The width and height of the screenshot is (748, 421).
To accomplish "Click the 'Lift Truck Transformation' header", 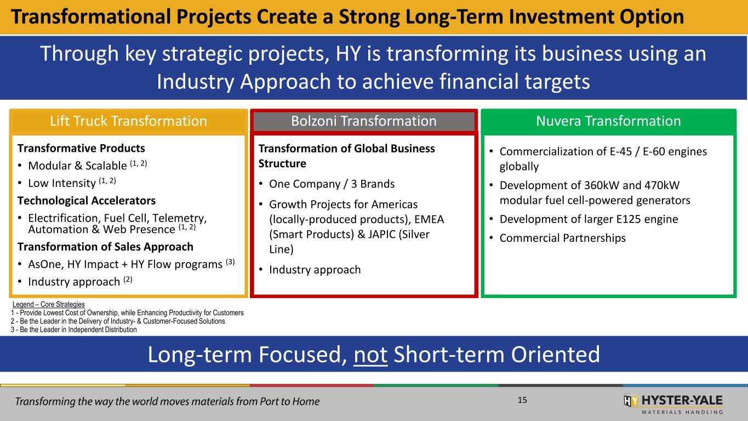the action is pyautogui.click(x=129, y=121).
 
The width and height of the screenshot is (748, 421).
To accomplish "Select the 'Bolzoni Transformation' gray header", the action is pyautogui.click(x=364, y=121).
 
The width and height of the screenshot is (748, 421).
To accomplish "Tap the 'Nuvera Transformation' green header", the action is pyautogui.click(x=608, y=121).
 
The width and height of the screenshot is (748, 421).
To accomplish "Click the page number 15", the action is pyautogui.click(x=522, y=400).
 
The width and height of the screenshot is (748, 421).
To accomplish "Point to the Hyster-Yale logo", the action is pyautogui.click(x=673, y=405).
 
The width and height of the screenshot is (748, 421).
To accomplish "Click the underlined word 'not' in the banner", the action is pyautogui.click(x=370, y=355).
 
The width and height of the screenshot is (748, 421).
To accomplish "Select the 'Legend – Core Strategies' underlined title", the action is pyautogui.click(x=48, y=304).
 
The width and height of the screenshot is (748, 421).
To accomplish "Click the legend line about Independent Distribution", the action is pyautogui.click(x=74, y=330).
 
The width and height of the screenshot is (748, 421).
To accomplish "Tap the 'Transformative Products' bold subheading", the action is pyautogui.click(x=81, y=148).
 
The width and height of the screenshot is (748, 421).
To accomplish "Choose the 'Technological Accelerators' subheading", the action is pyautogui.click(x=87, y=201).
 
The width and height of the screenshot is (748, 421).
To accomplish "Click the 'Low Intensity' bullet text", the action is pyautogui.click(x=62, y=183).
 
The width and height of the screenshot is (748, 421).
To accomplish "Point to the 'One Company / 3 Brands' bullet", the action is pyautogui.click(x=332, y=184).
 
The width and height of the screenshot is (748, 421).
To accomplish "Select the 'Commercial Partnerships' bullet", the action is pyautogui.click(x=563, y=238).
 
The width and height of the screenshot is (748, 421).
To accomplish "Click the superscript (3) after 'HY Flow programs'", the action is pyautogui.click(x=230, y=261).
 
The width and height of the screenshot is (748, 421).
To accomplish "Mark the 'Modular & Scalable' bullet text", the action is pyautogui.click(x=77, y=166).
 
